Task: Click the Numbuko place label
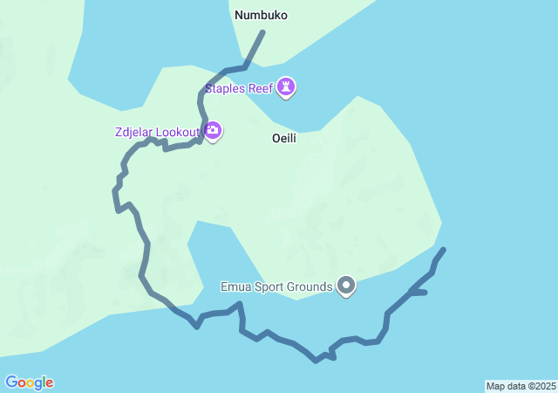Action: [x=261, y=15]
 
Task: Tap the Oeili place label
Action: [x=283, y=138]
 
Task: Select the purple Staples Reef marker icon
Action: [x=286, y=87]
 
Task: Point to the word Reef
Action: [x=260, y=88]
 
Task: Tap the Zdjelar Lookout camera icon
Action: [x=213, y=131]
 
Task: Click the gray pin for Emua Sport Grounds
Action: [x=346, y=286]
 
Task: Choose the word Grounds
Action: [x=312, y=286]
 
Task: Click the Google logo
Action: [x=29, y=383]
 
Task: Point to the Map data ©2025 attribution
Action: [x=521, y=386]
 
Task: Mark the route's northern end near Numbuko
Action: [x=262, y=32]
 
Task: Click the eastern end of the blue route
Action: [x=444, y=250]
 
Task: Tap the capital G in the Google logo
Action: [x=11, y=383]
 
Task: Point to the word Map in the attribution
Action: [x=495, y=386]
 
